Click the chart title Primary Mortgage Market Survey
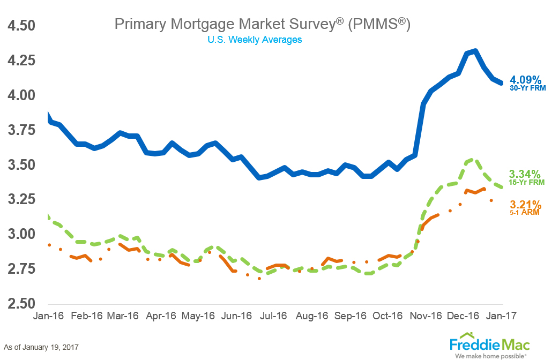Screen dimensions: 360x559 [x=262, y=25]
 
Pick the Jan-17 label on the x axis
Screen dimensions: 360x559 [x=502, y=316]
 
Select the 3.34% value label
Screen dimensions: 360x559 [x=525, y=174]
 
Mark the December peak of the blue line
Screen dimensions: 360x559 [x=475, y=51]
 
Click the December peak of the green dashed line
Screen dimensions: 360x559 [x=472, y=160]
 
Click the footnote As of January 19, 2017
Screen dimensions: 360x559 [x=41, y=347]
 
